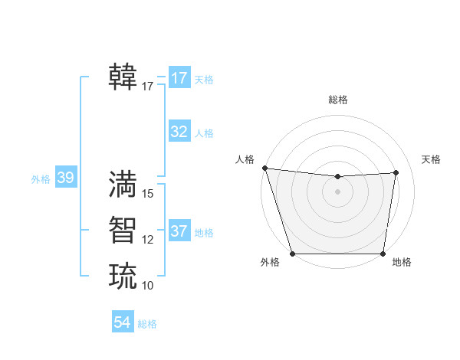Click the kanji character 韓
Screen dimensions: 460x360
[x=123, y=77]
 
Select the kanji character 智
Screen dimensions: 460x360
[x=123, y=230]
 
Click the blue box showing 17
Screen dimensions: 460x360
[x=179, y=78]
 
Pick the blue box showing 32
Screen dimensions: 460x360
[x=179, y=132]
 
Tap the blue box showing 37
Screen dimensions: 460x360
[x=179, y=231]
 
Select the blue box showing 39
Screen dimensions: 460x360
[x=66, y=178]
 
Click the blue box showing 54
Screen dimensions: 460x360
[x=123, y=322]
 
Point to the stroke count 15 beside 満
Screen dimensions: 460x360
[x=149, y=194]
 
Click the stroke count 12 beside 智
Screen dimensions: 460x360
[x=149, y=240]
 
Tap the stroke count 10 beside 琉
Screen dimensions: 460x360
[x=149, y=286]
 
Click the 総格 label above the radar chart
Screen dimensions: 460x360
[x=338, y=100]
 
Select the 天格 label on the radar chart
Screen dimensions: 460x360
[x=432, y=159]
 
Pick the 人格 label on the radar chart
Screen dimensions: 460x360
[x=245, y=159]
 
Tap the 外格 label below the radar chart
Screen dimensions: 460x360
[x=270, y=262]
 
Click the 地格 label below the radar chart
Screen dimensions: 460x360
[x=402, y=262]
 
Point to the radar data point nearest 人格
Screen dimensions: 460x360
[x=264, y=168]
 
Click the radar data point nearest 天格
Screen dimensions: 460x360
[x=396, y=172]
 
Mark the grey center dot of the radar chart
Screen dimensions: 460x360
[x=338, y=191]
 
